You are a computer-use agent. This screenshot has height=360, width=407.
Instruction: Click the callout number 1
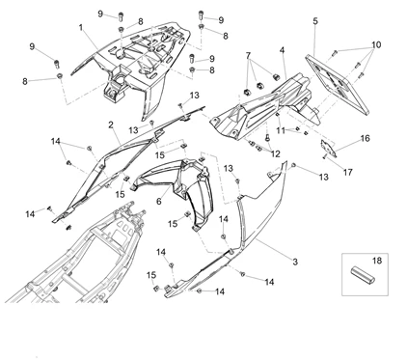coord(81,28)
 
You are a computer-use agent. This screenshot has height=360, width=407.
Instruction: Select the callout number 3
coord(267,262)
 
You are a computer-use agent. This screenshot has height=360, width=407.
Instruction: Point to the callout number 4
coord(282,50)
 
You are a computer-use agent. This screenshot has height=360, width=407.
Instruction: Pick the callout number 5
coord(315,21)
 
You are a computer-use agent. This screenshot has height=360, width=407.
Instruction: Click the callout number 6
coord(158,202)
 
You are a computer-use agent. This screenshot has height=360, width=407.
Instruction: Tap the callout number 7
coord(247,55)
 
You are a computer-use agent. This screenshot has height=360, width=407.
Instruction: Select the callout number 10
coord(376,45)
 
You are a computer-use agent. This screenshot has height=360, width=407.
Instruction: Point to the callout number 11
coord(280,128)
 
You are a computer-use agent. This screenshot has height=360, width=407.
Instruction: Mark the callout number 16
coord(365,138)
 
